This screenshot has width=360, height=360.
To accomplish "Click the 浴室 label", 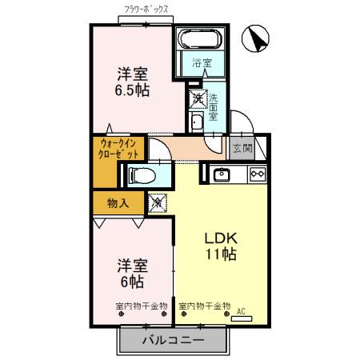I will click(202, 62).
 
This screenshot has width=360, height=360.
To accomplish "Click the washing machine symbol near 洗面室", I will click(197, 99).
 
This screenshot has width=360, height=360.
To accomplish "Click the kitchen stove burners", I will click(257, 174).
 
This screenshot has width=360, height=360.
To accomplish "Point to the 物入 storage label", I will click(118, 203).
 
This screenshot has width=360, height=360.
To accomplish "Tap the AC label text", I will click(240, 314).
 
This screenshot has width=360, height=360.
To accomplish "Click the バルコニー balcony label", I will click(173, 340).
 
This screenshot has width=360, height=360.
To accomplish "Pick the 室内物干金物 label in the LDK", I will click(204, 306).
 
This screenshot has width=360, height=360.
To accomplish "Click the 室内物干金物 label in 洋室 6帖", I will click(141, 306).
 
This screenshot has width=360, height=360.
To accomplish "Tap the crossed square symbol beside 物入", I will click(158, 203).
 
